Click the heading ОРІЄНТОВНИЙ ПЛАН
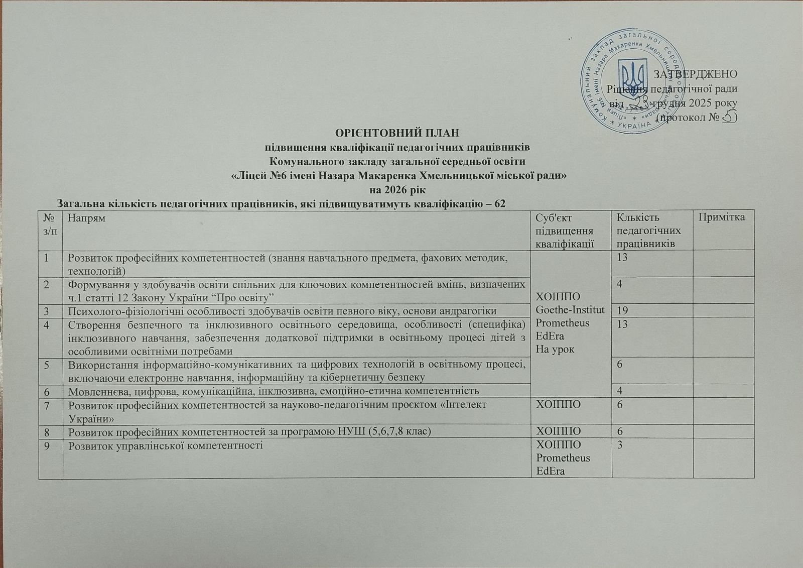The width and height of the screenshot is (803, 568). [x=396, y=133]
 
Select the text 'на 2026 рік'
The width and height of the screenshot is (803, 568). [x=397, y=190]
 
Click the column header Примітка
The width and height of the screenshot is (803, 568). [x=723, y=217]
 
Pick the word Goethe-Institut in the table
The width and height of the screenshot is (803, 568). [x=570, y=309]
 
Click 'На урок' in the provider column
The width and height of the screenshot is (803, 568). [x=555, y=349]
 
